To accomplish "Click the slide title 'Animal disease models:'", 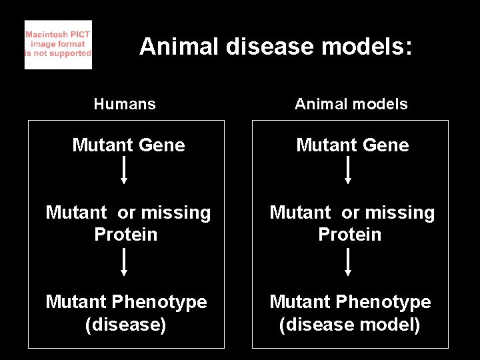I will [276, 47].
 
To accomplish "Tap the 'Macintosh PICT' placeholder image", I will [58, 45].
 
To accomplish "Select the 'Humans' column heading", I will [125, 104].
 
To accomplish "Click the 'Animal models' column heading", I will [351, 104].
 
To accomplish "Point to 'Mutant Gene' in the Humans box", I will [129, 145].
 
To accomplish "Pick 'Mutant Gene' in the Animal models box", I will [353, 145].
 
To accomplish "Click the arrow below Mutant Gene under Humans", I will [124, 171].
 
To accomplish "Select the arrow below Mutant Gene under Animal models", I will [348, 171].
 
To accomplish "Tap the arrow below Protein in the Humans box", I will [124, 262].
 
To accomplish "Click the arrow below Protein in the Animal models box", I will [348, 262].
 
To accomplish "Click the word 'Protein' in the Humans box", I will [126, 235].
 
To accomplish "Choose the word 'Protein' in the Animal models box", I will [350, 235].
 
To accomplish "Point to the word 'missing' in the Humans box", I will [175, 213].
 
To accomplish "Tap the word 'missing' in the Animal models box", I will [399, 213].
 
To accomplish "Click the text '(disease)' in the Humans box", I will [126, 325].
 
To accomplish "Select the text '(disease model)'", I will [350, 325].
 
